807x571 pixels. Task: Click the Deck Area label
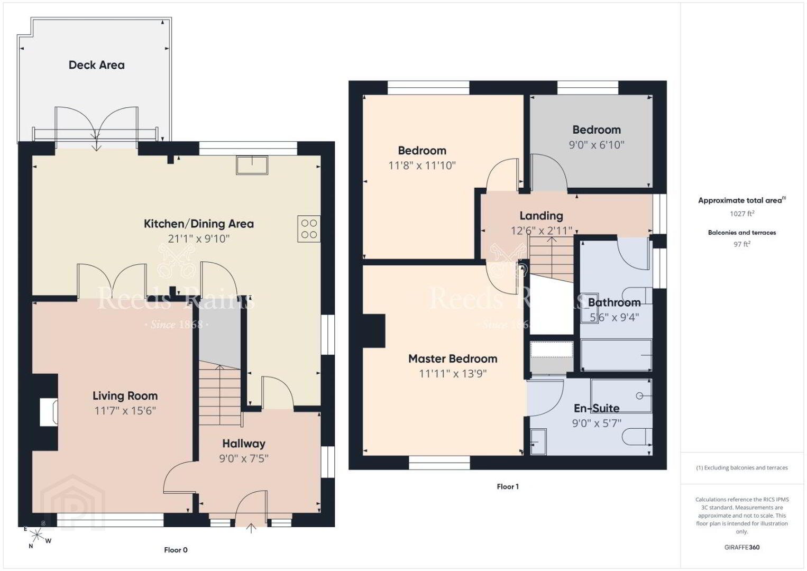[97, 65]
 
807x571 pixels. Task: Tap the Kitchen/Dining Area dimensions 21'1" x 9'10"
[198, 239]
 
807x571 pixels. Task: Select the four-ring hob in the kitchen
[309, 229]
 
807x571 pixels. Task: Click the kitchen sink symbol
[252, 165]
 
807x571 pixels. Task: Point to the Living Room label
[125, 396]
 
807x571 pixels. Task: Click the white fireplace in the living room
[49, 412]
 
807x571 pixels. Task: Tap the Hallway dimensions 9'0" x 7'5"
[244, 458]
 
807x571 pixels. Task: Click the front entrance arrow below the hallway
[251, 528]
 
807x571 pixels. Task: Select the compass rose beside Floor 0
[36, 535]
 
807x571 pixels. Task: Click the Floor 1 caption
[508, 487]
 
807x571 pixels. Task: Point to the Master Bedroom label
[453, 359]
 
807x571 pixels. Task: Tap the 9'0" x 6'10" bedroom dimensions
[597, 145]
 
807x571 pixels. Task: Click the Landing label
[541, 216]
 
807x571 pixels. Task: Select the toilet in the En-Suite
[637, 437]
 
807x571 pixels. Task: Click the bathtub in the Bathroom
[617, 355]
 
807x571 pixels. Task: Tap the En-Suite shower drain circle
[639, 397]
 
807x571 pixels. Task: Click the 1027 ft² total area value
[742, 214]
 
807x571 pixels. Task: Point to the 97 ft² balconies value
[742, 244]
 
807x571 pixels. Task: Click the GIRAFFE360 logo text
[742, 547]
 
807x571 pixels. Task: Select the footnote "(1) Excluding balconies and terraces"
[742, 468]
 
